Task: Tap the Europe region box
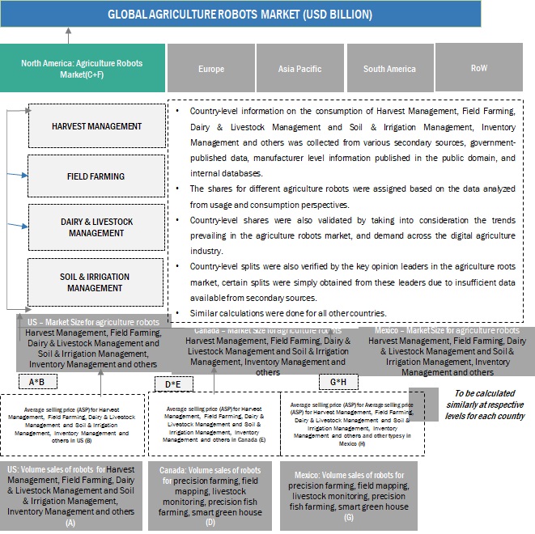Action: (210, 69)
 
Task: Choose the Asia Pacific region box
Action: (299, 69)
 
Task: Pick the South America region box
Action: (389, 69)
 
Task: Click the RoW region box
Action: (478, 68)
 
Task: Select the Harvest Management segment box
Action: (96, 126)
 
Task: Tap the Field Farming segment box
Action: (96, 176)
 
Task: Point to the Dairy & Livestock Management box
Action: (96, 227)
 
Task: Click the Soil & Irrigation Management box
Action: (96, 282)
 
